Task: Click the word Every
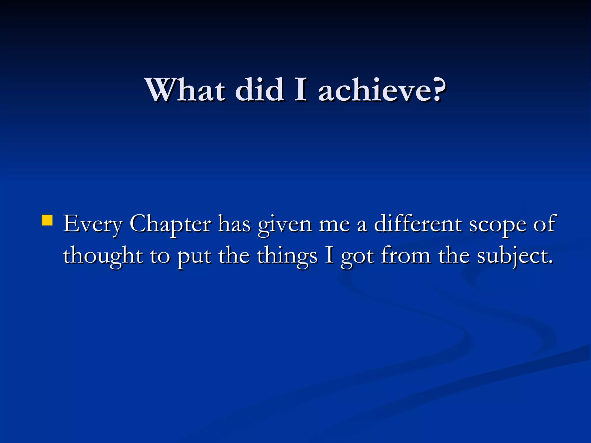(x=93, y=224)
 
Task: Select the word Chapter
(x=170, y=224)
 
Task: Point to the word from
(x=405, y=255)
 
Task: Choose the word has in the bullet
(x=234, y=224)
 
